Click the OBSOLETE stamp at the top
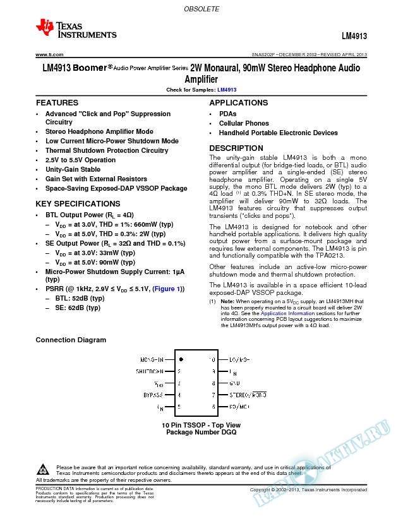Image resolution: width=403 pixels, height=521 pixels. (x=201, y=9)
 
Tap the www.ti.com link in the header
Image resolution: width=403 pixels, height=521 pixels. (x=49, y=55)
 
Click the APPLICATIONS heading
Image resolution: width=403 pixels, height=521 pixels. (x=238, y=102)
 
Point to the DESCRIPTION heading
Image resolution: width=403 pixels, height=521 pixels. (x=236, y=148)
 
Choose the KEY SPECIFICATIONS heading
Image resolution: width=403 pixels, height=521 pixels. (x=78, y=204)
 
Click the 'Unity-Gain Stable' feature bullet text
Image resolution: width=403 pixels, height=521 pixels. (x=73, y=169)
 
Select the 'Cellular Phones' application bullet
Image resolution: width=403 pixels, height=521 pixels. (x=244, y=123)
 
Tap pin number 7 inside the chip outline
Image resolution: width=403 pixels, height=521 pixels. (x=214, y=394)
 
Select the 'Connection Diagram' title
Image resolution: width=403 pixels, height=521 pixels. (x=71, y=340)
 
